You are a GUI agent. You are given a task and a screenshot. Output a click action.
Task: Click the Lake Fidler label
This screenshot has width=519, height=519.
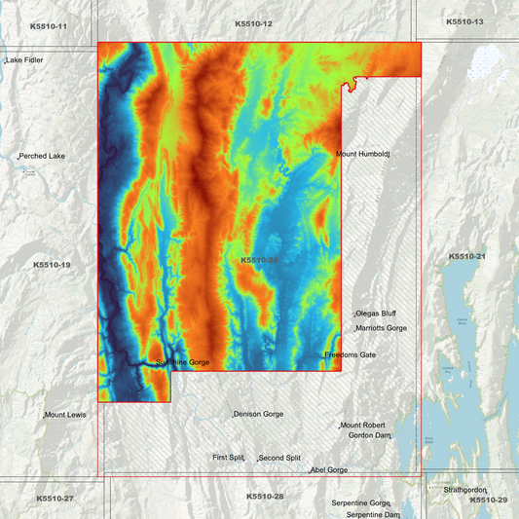[25, 60]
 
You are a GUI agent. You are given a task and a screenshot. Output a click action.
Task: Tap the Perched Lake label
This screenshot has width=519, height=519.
[43, 156]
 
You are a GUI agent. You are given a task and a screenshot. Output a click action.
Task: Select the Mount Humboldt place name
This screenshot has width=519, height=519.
[362, 154]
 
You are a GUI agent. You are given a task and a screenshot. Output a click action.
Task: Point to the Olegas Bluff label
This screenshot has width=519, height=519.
[376, 314]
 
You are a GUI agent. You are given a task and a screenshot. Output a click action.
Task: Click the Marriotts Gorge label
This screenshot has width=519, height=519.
[381, 328]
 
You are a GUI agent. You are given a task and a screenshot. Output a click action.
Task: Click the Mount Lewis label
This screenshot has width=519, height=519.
[65, 415]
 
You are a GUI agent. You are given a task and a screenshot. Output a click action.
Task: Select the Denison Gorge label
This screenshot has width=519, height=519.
[259, 414]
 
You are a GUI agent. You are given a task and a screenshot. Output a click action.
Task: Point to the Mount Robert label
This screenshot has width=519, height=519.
[363, 426]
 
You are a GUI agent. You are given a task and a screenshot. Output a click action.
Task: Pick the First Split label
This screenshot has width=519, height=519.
[230, 457]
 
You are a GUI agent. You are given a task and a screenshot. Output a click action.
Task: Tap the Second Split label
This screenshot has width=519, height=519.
[279, 458]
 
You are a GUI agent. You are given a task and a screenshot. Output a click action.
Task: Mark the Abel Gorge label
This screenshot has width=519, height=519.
[329, 470]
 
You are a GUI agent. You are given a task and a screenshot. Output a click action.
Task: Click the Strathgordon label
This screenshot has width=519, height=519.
[464, 490]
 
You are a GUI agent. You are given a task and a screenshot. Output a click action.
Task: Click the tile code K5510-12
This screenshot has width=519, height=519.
[253, 23]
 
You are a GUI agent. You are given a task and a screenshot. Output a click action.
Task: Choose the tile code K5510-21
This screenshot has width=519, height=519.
[466, 256]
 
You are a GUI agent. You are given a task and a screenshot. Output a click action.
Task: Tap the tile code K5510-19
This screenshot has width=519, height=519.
[52, 265]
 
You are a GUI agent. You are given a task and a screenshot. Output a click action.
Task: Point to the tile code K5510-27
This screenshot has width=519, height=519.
[55, 499]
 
